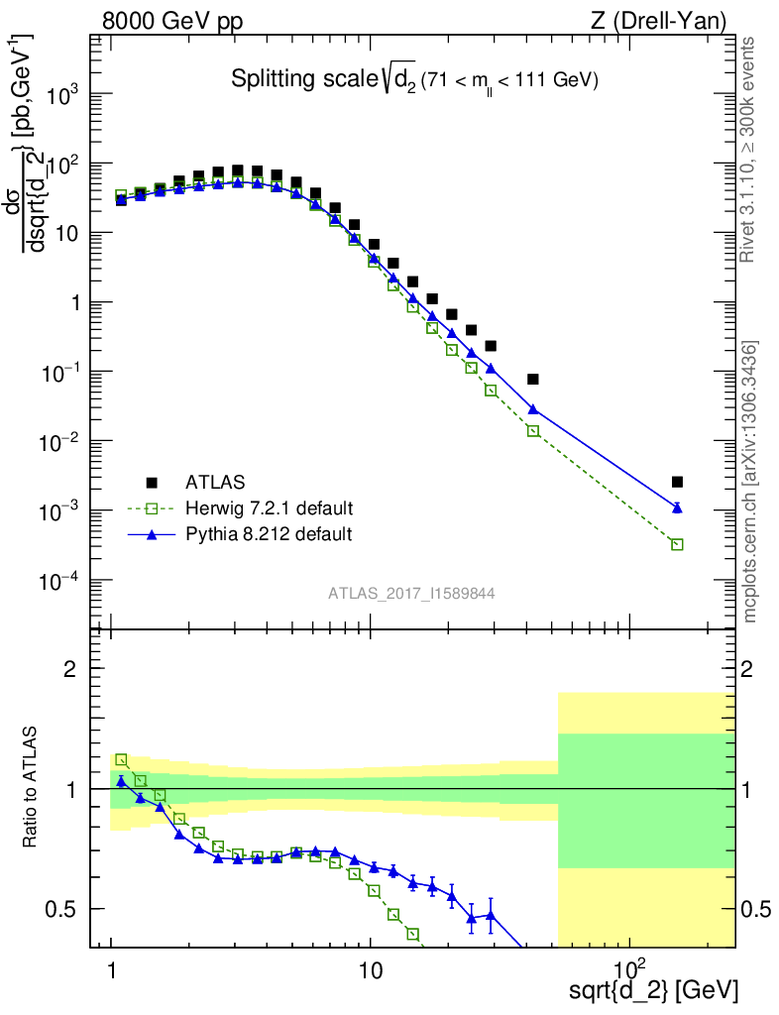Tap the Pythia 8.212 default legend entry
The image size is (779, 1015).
[x=269, y=534]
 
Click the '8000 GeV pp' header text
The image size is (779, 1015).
[x=172, y=20]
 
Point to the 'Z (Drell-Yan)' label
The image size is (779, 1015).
[x=669, y=20]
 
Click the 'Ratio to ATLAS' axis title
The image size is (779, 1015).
[x=31, y=788]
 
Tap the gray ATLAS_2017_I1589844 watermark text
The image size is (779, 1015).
[x=411, y=594]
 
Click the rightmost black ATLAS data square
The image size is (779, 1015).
[x=677, y=482]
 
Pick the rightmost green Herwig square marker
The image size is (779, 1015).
[x=677, y=544]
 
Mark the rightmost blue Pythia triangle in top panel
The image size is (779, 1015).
[x=677, y=507]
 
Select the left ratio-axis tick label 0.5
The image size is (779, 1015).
[x=62, y=909]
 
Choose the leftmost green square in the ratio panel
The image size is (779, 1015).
[x=121, y=760]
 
